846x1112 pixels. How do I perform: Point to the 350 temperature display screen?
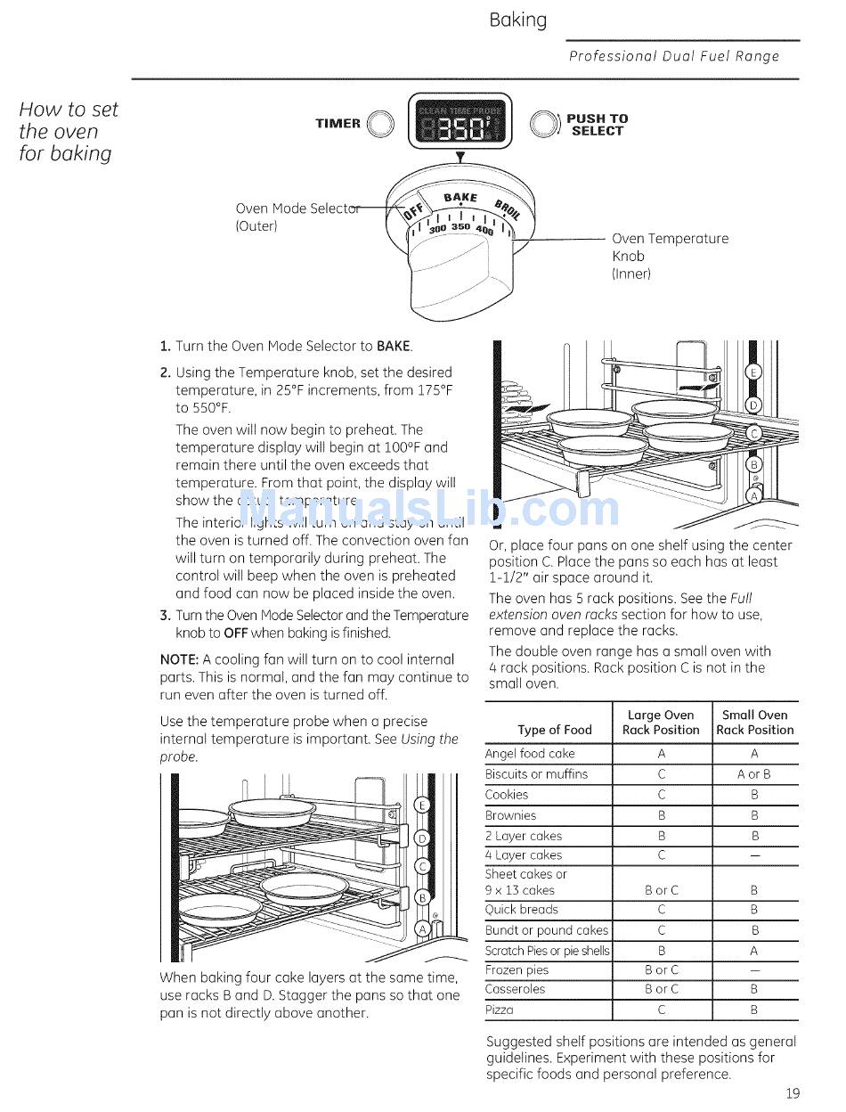pyautogui.click(x=460, y=126)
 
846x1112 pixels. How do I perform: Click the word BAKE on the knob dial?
pyautogui.click(x=460, y=197)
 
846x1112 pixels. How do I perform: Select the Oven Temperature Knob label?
pyautogui.click(x=669, y=256)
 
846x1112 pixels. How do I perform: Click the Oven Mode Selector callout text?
pyautogui.click(x=297, y=217)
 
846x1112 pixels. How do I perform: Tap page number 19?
pyautogui.click(x=793, y=1094)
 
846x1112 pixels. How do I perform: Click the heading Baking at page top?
pyautogui.click(x=517, y=20)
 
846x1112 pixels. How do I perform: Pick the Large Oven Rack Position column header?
pyautogui.click(x=661, y=723)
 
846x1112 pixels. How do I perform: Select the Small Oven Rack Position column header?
pyautogui.click(x=754, y=723)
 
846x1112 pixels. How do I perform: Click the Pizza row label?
pyautogui.click(x=500, y=1010)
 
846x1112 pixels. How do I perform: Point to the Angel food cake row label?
pyautogui.click(x=530, y=754)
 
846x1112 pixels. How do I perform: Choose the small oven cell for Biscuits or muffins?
pyautogui.click(x=754, y=774)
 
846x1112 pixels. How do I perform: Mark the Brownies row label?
pyautogui.click(x=507, y=815)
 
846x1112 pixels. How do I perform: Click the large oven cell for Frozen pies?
pyautogui.click(x=661, y=970)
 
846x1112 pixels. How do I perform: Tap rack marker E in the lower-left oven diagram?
pyautogui.click(x=424, y=806)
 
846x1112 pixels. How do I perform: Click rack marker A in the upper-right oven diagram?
pyautogui.click(x=754, y=495)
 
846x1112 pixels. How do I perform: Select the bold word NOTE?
pyautogui.click(x=178, y=660)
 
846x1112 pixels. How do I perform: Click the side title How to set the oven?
pyautogui.click(x=68, y=131)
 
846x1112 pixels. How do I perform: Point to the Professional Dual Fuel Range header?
pyautogui.click(x=674, y=56)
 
